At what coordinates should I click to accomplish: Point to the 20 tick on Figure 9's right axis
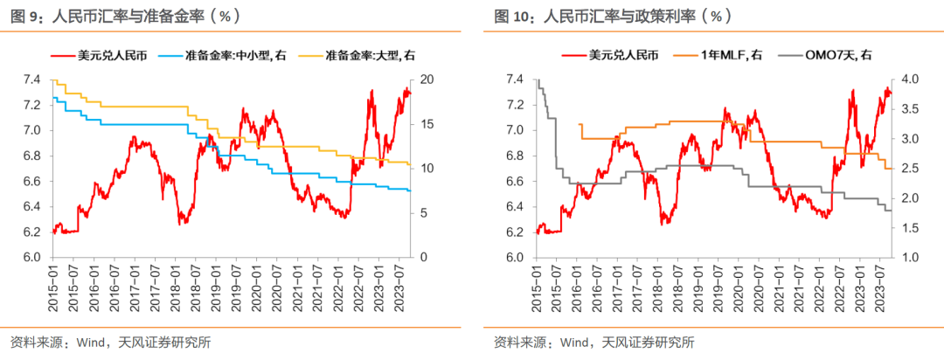(x=427, y=80)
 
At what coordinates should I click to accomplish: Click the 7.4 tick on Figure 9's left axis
(x=31, y=80)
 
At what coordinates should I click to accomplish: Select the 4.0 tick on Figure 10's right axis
(x=910, y=80)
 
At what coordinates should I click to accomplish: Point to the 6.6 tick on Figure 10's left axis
(x=514, y=182)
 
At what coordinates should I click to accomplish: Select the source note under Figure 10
(x=594, y=342)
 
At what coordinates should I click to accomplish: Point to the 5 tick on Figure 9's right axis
(x=424, y=213)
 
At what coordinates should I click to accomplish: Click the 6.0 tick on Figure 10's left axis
(x=514, y=258)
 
